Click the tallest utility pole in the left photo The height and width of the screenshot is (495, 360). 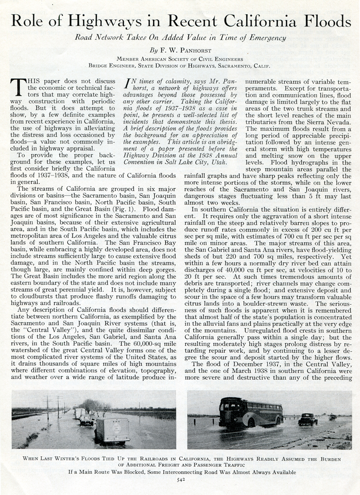pyautogui.click(x=47, y=407)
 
